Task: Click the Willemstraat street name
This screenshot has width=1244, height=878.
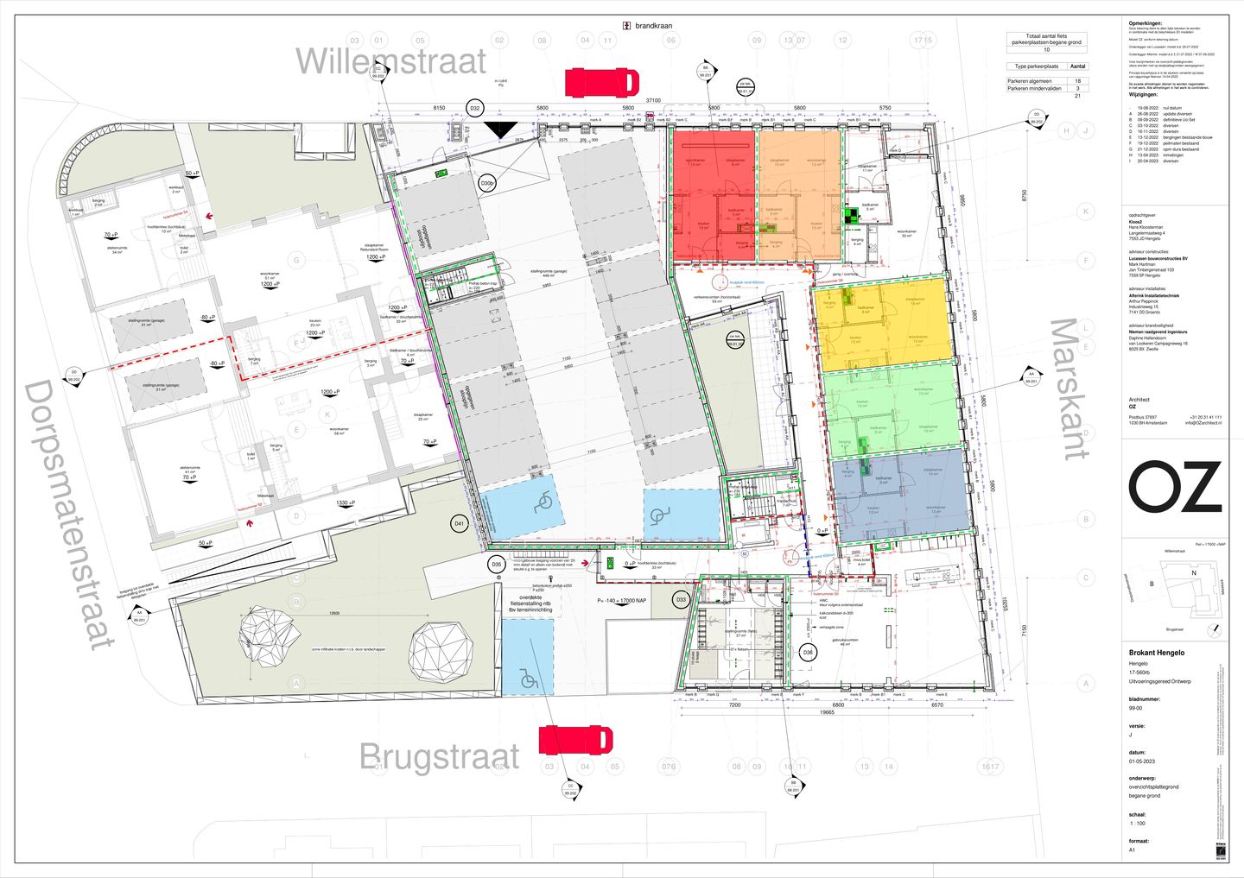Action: point(390,62)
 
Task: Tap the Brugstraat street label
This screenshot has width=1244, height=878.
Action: point(440,757)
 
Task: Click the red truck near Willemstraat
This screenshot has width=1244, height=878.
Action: point(602,83)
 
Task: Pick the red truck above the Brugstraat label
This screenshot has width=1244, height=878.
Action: point(575,740)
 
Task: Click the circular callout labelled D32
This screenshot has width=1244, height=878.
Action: point(474,108)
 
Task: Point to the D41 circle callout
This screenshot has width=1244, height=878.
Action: point(460,523)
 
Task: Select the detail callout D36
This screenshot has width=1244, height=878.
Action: point(808,652)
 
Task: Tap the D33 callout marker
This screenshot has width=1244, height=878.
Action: point(681,599)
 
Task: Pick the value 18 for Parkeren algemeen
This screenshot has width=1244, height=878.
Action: point(1077,81)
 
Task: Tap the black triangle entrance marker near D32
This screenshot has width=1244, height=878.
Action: point(499,130)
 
